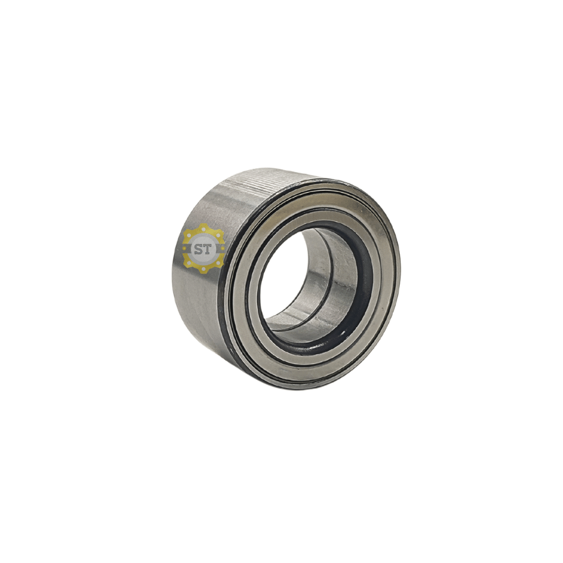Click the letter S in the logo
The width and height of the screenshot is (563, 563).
198,249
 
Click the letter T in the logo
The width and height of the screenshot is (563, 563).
208,249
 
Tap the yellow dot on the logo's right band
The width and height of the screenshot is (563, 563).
222,249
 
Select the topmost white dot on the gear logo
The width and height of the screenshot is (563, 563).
203,229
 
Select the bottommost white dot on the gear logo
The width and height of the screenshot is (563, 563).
203,269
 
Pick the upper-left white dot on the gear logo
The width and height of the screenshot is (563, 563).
190,235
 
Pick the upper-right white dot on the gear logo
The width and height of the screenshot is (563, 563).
218,235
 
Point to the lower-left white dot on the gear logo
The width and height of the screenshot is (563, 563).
190,263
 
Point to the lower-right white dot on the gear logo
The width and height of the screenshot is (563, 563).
218,263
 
